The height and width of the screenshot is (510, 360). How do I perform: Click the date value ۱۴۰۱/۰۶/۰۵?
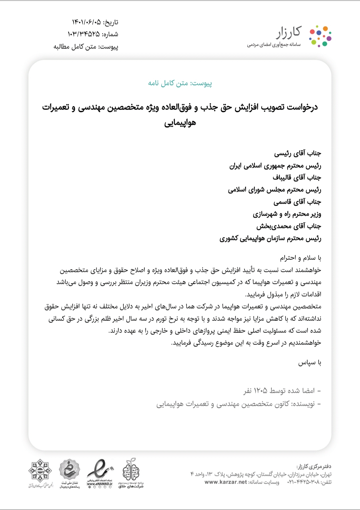tap(86, 22)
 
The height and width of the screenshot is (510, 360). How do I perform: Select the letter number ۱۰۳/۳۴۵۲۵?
tap(84, 34)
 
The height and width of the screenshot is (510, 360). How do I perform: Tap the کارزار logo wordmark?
tap(288, 32)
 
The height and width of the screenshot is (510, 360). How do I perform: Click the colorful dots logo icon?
tap(320, 36)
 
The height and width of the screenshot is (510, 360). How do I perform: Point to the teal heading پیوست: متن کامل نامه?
tap(180, 83)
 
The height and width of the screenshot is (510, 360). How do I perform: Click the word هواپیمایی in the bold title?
tap(180, 123)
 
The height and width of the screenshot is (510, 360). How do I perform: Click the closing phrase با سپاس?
tap(310, 362)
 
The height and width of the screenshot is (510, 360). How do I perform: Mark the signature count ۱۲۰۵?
tap(260, 390)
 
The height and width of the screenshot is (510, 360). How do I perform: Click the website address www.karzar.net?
tap(226, 482)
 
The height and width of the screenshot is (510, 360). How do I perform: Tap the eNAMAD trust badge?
tap(100, 473)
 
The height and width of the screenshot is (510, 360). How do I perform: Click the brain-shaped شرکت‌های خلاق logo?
tap(131, 473)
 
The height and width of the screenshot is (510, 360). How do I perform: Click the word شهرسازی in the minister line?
tap(265, 214)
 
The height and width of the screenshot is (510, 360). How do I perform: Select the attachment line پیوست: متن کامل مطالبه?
tap(86, 47)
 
